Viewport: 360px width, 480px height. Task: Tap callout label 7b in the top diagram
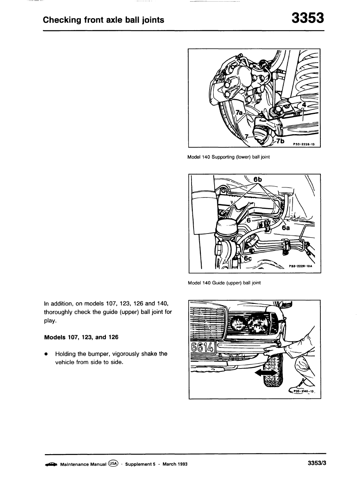[x=280, y=141]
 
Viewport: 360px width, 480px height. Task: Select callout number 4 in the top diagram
[x=303, y=105]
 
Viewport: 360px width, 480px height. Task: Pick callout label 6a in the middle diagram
[x=286, y=227]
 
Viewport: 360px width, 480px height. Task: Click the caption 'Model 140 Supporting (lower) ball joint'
[x=228, y=158]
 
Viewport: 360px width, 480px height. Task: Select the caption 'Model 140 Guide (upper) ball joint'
[x=224, y=283]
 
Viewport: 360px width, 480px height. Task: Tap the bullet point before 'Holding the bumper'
[x=47, y=354]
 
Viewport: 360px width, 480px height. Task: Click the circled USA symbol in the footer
[x=113, y=464]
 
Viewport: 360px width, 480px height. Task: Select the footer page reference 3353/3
[x=316, y=464]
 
